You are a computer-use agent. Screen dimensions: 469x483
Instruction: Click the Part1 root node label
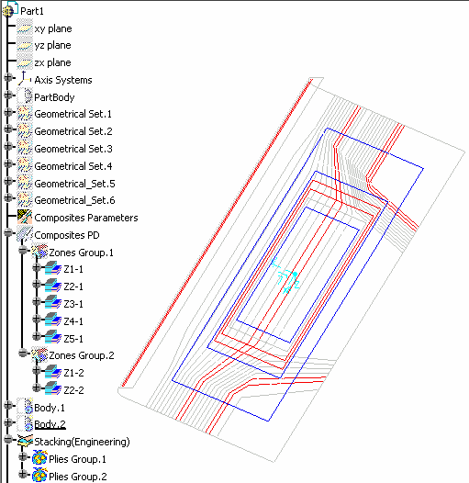pyautogui.click(x=32, y=11)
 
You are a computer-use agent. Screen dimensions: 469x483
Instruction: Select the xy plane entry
pyautogui.click(x=53, y=28)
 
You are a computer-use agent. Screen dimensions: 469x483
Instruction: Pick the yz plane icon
pyautogui.click(x=25, y=46)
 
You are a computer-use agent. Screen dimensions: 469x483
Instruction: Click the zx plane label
pyautogui.click(x=52, y=62)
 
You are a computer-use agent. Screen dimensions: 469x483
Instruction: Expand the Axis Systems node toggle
pyautogui.click(x=8, y=78)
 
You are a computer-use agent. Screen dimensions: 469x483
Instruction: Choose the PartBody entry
pyautogui.click(x=54, y=97)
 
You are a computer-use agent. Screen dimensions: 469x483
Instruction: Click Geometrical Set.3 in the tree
pyautogui.click(x=73, y=149)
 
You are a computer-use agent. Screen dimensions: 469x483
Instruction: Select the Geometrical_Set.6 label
pyautogui.click(x=74, y=200)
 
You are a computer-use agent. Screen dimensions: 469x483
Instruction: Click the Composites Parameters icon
pyautogui.click(x=25, y=217)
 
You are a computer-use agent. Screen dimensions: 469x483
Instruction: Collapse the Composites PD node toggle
pyautogui.click(x=8, y=233)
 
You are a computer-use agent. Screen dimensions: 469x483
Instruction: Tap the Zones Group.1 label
pyautogui.click(x=82, y=253)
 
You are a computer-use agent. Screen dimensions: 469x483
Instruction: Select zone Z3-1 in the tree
pyautogui.click(x=73, y=304)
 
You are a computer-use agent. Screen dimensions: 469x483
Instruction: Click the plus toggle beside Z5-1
pyautogui.click(x=37, y=336)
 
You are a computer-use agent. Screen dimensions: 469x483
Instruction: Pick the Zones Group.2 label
pyautogui.click(x=82, y=355)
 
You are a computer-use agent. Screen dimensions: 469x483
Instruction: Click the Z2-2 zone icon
pyautogui.click(x=53, y=388)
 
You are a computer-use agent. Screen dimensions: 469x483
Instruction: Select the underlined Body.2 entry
pyautogui.click(x=50, y=424)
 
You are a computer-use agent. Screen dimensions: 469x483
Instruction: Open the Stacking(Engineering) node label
pyautogui.click(x=82, y=442)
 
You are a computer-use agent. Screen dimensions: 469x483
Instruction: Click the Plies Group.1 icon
pyautogui.click(x=39, y=457)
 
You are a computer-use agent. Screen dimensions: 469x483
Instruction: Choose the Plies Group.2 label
pyautogui.click(x=78, y=477)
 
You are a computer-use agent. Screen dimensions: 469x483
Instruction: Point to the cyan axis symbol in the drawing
pyautogui.click(x=285, y=276)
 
